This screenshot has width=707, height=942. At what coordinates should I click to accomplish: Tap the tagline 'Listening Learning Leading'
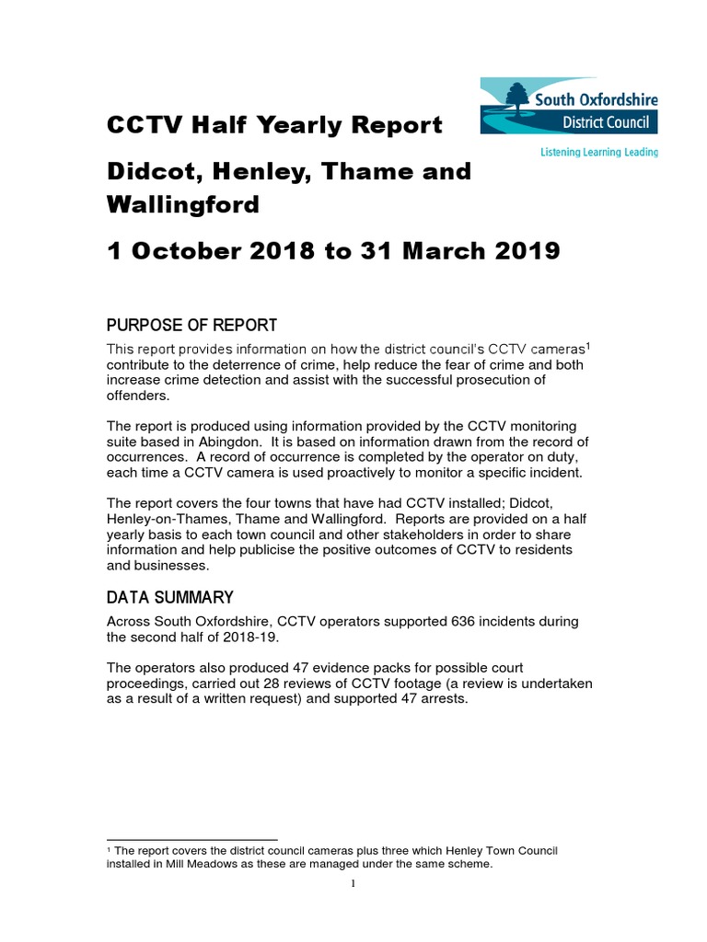coord(599,153)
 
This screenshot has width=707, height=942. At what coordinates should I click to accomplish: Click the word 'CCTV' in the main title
coord(142,124)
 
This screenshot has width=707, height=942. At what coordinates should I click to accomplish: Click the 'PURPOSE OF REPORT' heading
coord(191,326)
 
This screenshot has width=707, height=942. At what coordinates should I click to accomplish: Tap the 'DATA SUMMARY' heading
coord(169,598)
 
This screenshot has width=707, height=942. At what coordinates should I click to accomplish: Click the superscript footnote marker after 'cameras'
coord(587,345)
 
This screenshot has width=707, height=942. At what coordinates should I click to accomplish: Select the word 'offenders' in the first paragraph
coord(138,395)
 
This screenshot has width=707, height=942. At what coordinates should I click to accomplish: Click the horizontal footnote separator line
coord(192,840)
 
